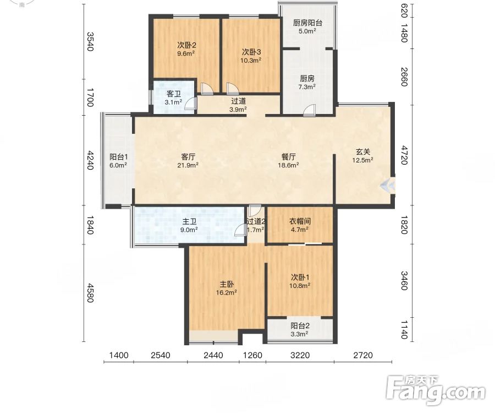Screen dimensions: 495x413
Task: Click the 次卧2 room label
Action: pos(186,45)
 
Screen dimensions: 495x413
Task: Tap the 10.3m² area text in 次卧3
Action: pos(251,61)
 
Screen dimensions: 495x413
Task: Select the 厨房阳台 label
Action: pos(307,23)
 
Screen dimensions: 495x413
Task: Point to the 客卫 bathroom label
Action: pos(173,94)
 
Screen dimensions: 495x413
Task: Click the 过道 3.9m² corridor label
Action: pos(238,105)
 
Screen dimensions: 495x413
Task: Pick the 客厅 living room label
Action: pos(188,157)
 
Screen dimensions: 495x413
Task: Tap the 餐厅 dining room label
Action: pos(288,157)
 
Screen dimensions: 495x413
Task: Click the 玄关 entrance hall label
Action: pos(363,152)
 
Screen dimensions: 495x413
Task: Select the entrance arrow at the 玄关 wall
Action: pos(387,185)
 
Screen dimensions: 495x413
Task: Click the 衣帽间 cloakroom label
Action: pos(300,221)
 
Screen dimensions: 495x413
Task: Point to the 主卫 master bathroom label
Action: pos(189,222)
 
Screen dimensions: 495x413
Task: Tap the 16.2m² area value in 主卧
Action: pos(227,293)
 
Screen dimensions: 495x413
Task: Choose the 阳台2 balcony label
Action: pos(300,326)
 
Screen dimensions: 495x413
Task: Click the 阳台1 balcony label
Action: pos(118,157)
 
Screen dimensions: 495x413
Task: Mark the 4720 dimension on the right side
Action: pos(404,155)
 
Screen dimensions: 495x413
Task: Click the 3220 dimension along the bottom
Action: pos(300,356)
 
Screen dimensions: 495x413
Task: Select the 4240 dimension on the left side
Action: pos(90,160)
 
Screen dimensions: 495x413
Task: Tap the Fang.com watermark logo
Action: pos(436,390)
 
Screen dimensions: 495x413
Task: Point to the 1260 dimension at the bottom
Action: pos(252,356)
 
